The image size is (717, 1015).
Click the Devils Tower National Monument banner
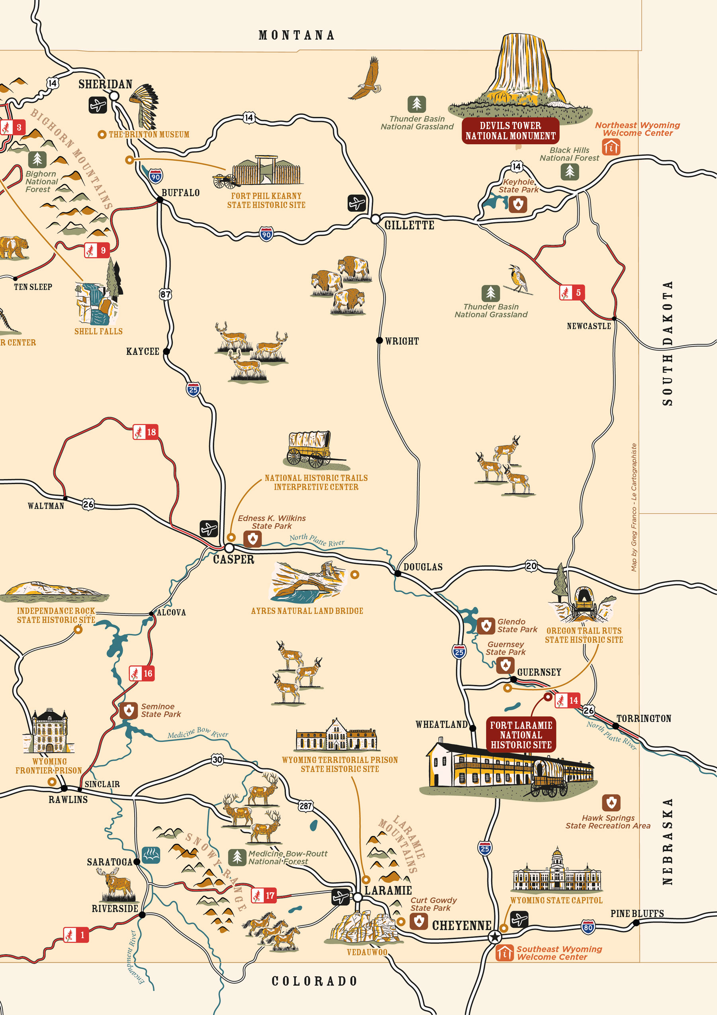(510, 131)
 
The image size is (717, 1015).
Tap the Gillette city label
(409, 225)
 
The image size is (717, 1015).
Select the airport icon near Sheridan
(98, 105)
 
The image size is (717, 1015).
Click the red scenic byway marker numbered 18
(145, 432)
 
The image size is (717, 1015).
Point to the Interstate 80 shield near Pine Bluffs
(588, 927)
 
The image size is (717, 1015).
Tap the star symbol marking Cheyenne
(495, 937)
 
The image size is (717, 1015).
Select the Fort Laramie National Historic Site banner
(521, 735)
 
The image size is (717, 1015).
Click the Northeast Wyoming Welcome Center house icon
(611, 147)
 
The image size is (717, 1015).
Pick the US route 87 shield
(165, 294)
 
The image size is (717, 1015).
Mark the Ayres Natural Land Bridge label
(307, 611)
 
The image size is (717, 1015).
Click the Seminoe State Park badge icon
(129, 710)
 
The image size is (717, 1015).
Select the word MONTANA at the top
(296, 35)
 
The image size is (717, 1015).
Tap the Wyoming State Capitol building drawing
(556, 871)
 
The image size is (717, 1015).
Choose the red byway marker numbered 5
(572, 293)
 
